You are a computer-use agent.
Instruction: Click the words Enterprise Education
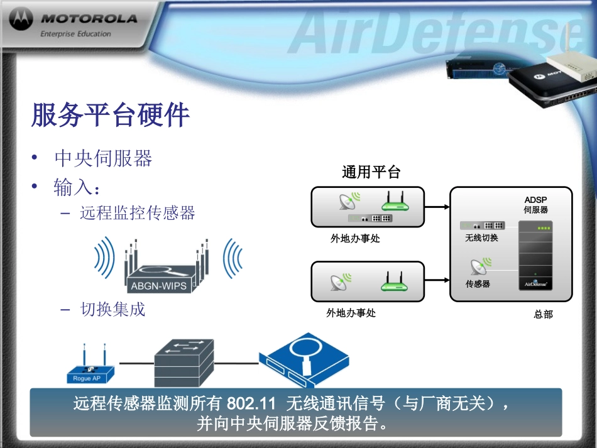[75, 34]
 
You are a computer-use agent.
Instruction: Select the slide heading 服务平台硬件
[110, 116]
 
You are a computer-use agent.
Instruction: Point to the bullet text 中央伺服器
[104, 158]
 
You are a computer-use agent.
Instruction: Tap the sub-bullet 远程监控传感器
[138, 213]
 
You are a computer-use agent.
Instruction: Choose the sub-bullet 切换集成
[112, 309]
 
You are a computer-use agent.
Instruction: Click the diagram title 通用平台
[371, 172]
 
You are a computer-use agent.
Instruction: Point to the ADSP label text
[536, 200]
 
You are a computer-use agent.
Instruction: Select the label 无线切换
[481, 238]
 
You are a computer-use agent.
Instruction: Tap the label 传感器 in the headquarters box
[478, 284]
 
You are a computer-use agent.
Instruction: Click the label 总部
[543, 314]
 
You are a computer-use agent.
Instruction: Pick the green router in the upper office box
[395, 202]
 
